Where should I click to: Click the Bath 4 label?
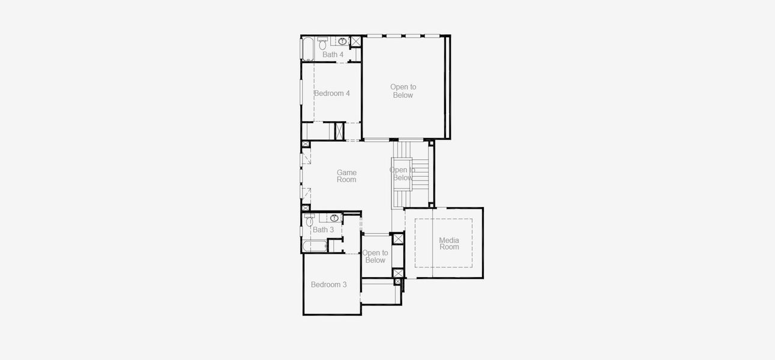(333, 55)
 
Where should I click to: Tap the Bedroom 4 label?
(332, 93)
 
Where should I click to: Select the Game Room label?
(346, 176)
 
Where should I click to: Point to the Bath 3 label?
(323, 230)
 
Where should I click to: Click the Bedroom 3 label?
(328, 284)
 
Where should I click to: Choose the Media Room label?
(449, 244)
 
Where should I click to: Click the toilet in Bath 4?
(322, 44)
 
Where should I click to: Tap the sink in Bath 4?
(343, 41)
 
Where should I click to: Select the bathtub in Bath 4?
(307, 49)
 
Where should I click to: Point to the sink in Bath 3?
(334, 218)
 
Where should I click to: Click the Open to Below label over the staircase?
(402, 173)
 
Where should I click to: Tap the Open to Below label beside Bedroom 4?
(403, 91)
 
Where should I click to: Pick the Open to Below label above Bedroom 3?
(375, 256)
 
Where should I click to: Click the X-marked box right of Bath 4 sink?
(355, 41)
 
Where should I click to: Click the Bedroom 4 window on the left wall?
(302, 94)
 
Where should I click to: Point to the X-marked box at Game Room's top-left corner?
(306, 145)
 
